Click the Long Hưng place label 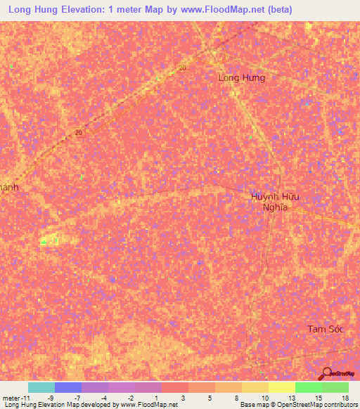pyautogui.click(x=242, y=77)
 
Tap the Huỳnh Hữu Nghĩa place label pyautogui.click(x=275, y=202)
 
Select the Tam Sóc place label pyautogui.click(x=325, y=329)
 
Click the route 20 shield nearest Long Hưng pyautogui.click(x=182, y=67)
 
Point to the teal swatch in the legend pyautogui.click(x=41, y=387)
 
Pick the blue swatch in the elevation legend pyautogui.click(x=67, y=387)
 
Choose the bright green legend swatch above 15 pyautogui.click(x=308, y=387)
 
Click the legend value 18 pyautogui.click(x=345, y=398)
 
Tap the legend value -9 pyautogui.click(x=50, y=398)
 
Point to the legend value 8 pyautogui.click(x=237, y=398)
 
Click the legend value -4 pyautogui.click(x=103, y=398)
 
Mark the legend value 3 pyautogui.click(x=183, y=398)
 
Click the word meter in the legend pyautogui.click(x=11, y=398)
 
